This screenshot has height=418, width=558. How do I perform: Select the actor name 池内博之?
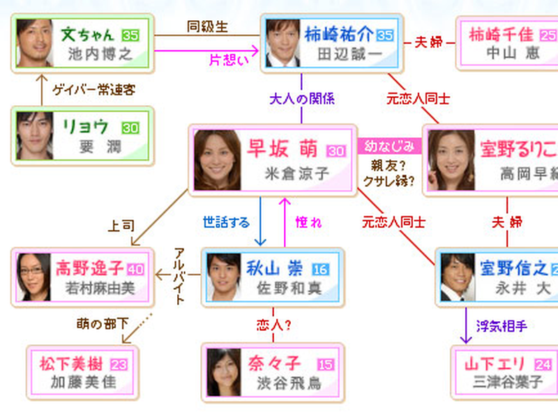100,54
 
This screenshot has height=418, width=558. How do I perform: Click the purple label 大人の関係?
301,98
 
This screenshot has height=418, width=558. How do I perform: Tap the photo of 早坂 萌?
213,160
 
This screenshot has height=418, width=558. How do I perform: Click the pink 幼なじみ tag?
391,146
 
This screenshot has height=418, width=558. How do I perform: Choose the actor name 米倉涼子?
296,173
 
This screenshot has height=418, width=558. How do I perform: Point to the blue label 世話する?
226,223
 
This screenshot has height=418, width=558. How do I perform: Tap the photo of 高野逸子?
35,277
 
